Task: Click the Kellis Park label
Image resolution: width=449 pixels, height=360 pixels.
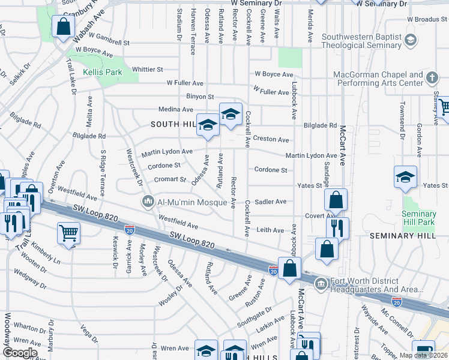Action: [103, 72]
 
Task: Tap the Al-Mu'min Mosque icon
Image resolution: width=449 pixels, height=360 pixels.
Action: [148, 202]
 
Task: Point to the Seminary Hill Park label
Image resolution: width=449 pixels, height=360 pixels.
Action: [419, 218]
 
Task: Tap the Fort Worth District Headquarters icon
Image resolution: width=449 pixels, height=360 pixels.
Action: [321, 283]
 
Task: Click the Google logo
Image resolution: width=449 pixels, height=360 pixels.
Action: [20, 353]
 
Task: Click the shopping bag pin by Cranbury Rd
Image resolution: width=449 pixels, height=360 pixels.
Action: [63, 27]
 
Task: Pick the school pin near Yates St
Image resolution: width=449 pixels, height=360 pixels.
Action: [405, 177]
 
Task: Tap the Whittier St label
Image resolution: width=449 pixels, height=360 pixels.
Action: [148, 70]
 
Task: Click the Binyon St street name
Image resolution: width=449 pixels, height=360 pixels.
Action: [200, 96]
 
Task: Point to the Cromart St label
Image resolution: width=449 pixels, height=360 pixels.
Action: [170, 179]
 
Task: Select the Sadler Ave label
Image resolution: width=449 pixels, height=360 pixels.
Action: [270, 202]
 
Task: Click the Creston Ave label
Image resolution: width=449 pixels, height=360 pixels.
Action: [271, 139]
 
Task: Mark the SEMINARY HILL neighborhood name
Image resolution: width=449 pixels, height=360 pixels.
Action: [402, 235]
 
